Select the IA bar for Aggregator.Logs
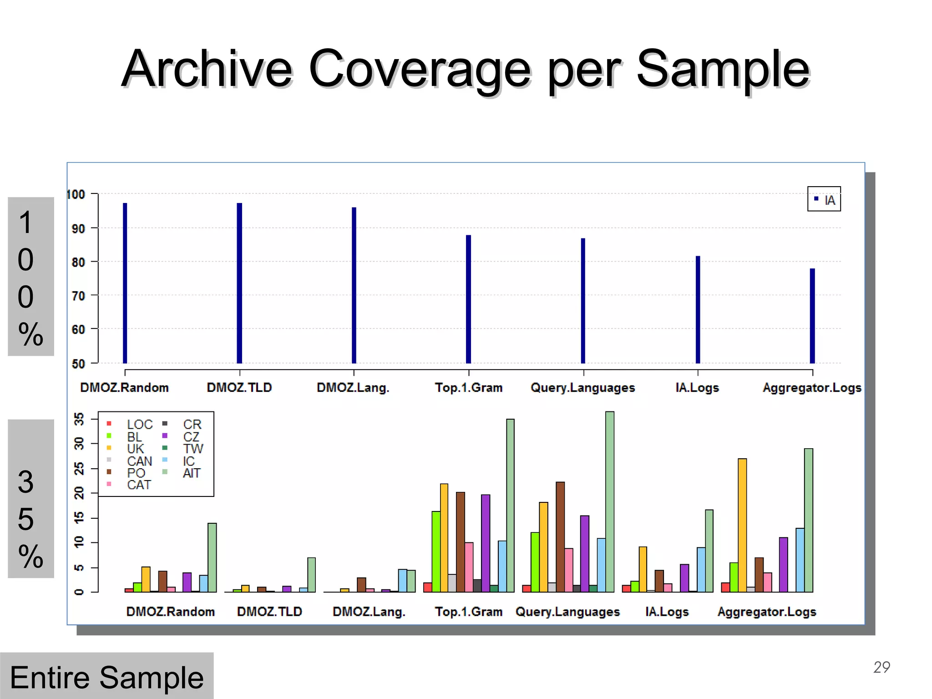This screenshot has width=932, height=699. pyautogui.click(x=812, y=316)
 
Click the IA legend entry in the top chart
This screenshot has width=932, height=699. pyautogui.click(x=824, y=199)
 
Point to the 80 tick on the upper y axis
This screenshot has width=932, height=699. pyautogui.click(x=79, y=262)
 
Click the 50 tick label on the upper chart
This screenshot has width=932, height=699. pyautogui.click(x=79, y=364)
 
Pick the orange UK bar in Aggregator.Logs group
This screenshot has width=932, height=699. pyautogui.click(x=742, y=525)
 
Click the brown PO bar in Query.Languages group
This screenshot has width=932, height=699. pyautogui.click(x=560, y=537)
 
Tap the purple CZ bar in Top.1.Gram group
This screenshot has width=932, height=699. pyautogui.click(x=486, y=543)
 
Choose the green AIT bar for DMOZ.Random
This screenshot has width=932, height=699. pyautogui.click(x=212, y=557)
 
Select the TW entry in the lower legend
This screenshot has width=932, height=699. pyautogui.click(x=192, y=449)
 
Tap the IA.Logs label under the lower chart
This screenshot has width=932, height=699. pyautogui.click(x=667, y=612)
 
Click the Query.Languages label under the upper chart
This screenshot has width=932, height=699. pyautogui.click(x=582, y=388)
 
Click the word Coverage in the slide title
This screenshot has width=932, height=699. pyautogui.click(x=419, y=69)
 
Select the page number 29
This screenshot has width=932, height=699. pyautogui.click(x=881, y=667)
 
